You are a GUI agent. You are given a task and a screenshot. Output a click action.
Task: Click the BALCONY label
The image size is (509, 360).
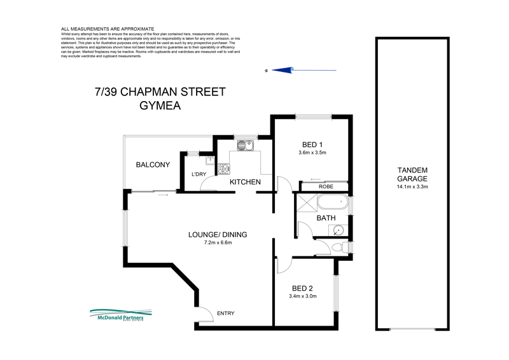[153, 165]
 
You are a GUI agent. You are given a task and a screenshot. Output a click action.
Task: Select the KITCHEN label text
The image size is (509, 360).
[245, 183]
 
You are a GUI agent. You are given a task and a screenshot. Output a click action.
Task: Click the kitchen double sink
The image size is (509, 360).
[245, 146]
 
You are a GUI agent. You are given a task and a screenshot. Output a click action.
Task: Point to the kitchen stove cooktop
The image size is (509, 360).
[224, 169]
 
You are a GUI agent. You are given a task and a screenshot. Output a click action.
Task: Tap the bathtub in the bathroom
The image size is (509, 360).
[330, 204]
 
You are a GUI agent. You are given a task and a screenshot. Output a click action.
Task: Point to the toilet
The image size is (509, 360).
[341, 247]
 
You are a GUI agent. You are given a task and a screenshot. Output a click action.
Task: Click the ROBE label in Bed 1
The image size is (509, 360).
[326, 186]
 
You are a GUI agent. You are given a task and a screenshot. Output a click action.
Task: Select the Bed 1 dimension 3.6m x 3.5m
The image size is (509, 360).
[312, 153]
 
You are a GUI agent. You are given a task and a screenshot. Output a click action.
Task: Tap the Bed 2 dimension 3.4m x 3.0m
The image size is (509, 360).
[302, 296]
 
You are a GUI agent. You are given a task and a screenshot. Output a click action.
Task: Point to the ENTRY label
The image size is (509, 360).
[226, 313]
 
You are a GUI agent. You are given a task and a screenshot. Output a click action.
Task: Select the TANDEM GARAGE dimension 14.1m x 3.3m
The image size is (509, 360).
[412, 187]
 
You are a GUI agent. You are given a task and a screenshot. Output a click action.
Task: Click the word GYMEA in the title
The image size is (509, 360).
[160, 106]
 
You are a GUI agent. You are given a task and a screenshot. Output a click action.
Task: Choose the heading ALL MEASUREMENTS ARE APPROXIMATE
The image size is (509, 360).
[108, 29]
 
